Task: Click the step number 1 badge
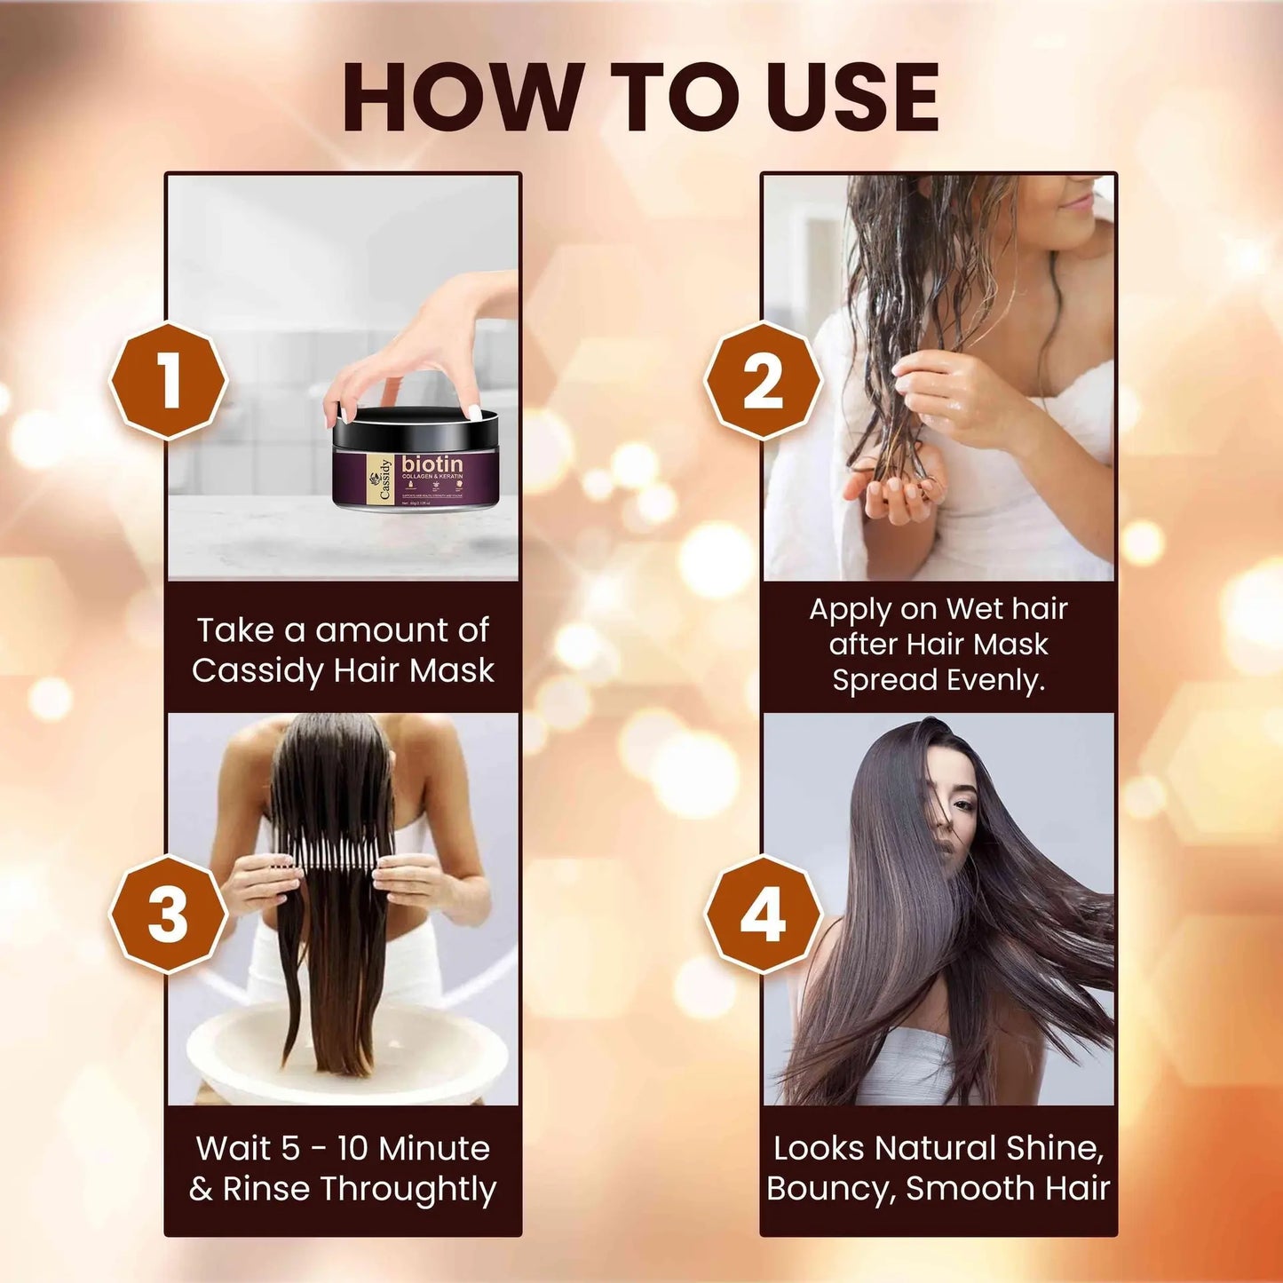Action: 169,381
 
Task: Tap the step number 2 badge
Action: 764,381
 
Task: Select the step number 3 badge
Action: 169,914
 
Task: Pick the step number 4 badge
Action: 764,914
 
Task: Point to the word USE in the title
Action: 852,98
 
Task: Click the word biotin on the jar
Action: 432,464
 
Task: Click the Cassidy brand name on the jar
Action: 384,480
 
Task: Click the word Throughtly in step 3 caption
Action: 408,1189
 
